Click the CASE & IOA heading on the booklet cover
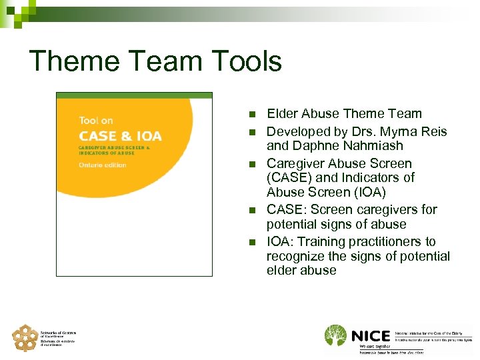[120, 136]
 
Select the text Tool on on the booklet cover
[96, 121]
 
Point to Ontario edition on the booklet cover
[103, 165]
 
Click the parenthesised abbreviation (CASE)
[288, 178]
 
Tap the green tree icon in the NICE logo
[335, 336]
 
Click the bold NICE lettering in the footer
[369, 335]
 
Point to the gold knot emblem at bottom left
[25, 338]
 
